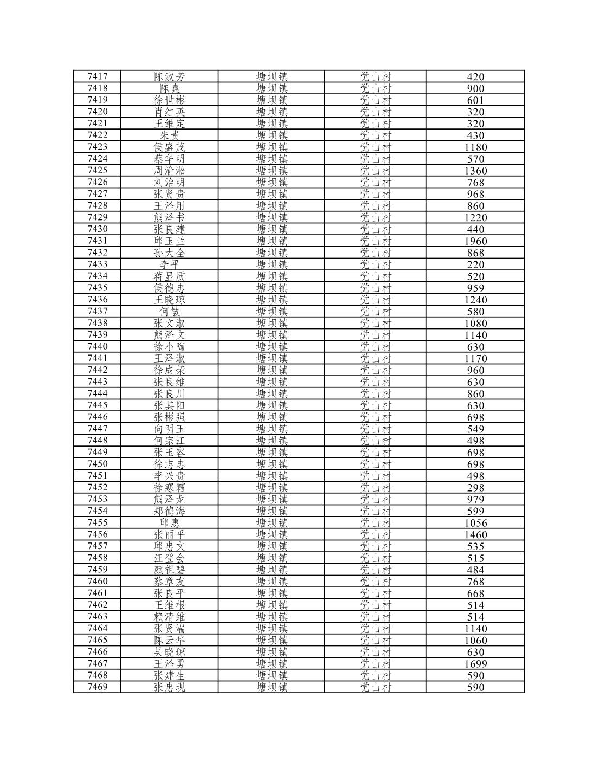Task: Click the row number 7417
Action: pos(98,76)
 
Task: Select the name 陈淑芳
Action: pos(169,76)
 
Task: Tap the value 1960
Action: pos(475,241)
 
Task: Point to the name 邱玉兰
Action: pos(169,241)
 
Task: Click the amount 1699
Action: pos(475,664)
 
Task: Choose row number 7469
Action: pos(98,687)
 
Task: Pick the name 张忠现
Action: pos(169,687)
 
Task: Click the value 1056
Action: pos(475,523)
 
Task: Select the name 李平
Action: pos(169,264)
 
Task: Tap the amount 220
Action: pos(475,264)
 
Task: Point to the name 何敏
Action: pos(169,311)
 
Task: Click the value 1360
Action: pos(475,171)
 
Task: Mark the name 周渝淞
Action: pos(169,170)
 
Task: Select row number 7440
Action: pos(98,346)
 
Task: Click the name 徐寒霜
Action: pos(169,487)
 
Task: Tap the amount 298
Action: pos(475,488)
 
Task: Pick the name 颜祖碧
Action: pos(169,570)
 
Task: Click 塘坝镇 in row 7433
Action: pos(272,264)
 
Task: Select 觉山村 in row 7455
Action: pos(376,522)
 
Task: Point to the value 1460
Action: pos(475,535)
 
